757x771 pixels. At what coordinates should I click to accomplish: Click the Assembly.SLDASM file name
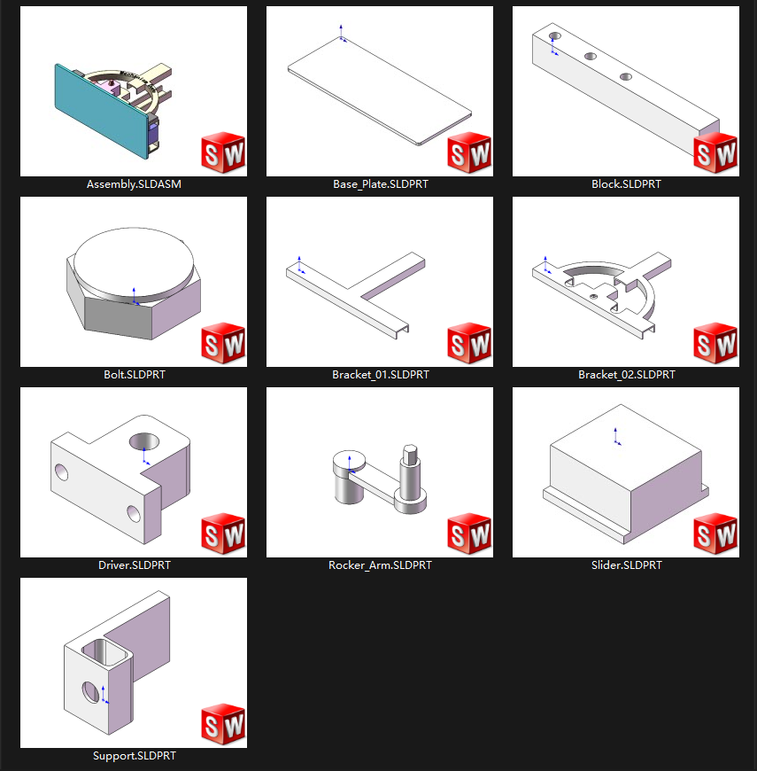[x=134, y=184]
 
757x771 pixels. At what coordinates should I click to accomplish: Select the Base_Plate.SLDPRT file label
[x=380, y=184]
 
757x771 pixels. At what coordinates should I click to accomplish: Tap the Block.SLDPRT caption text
[x=626, y=184]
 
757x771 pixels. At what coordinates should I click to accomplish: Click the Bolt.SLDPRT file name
[x=134, y=375]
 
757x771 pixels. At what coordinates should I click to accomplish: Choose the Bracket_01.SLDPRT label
[x=380, y=375]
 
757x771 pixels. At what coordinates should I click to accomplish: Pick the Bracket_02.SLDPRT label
[x=626, y=375]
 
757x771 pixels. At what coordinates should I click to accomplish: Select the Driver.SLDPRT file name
[x=134, y=565]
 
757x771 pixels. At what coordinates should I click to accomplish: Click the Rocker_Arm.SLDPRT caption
[x=380, y=565]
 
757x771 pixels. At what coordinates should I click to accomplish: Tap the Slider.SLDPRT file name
[x=626, y=565]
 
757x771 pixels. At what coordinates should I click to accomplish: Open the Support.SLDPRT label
[x=134, y=756]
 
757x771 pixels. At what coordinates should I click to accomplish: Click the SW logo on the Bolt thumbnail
[x=223, y=345]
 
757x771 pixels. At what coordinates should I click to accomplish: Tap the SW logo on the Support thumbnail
[x=223, y=726]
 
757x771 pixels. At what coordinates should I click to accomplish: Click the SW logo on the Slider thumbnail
[x=715, y=535]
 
